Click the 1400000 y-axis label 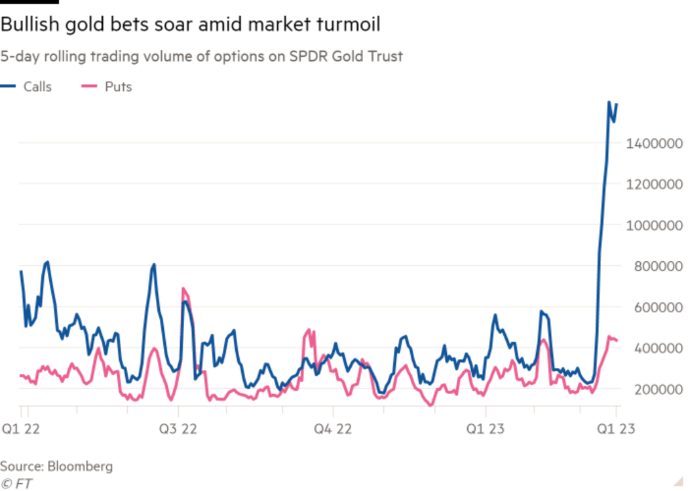click(655, 143)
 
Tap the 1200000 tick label click(655, 185)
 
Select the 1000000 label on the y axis click(655, 225)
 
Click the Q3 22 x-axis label click(178, 429)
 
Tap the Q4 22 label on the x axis click(333, 429)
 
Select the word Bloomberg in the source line click(79, 467)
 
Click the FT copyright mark click(16, 483)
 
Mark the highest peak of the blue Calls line click(609, 102)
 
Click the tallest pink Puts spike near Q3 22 click(183, 289)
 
